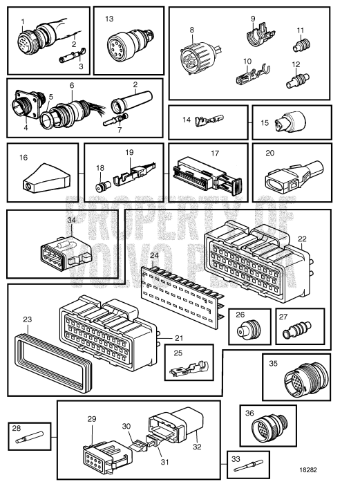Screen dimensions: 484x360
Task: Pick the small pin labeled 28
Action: [x=31, y=437]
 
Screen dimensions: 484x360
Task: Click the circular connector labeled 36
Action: [x=260, y=428]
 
